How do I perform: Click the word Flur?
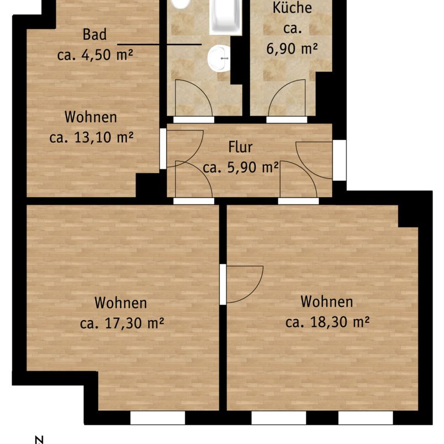click(240, 148)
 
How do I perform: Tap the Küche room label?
click(292, 8)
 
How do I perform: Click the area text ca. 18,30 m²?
click(327, 322)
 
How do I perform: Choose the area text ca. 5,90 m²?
click(240, 167)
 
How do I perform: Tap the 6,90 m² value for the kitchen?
click(292, 48)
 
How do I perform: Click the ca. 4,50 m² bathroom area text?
click(96, 55)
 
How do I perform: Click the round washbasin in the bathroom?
click(221, 57)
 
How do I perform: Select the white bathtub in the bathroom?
click(225, 17)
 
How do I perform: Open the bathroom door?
click(193, 99)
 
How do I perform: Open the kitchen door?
click(286, 99)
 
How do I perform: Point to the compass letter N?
click(39, 439)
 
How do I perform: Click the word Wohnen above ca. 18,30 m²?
click(327, 302)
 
